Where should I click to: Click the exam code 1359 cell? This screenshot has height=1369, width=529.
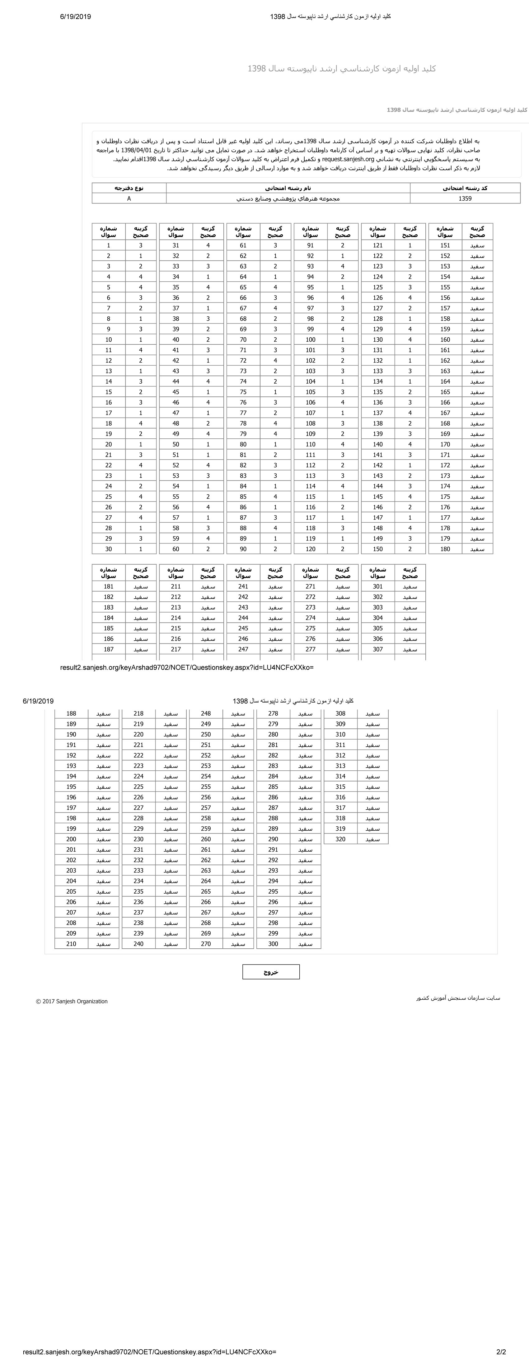pos(465,198)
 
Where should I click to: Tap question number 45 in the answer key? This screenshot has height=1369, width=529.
pos(176,392)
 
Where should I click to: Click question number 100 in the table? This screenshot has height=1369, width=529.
pos(311,339)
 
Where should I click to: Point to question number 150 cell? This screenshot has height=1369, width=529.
pos(378,549)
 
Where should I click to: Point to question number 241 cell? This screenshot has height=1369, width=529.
pos(243,586)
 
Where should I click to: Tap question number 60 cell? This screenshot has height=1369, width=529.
pos(176,549)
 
